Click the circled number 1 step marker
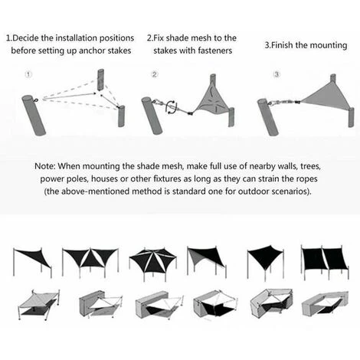28,74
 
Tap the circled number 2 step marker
155,74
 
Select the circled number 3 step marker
277,74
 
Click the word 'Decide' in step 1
25,38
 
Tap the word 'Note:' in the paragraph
44,166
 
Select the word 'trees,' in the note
310,166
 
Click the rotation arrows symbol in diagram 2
172,107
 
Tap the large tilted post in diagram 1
34,115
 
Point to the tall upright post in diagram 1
101,79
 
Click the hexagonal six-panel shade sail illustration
152,263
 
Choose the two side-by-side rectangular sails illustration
325,262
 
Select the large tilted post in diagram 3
268,117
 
